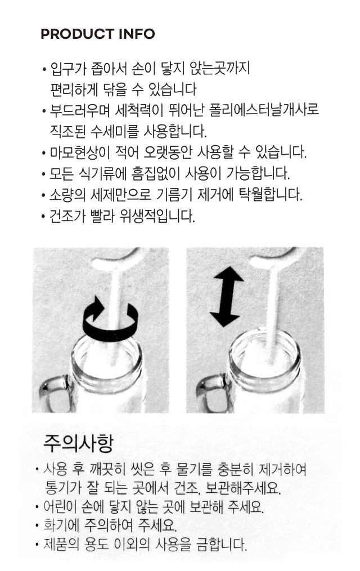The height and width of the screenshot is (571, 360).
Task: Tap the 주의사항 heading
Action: click(78, 443)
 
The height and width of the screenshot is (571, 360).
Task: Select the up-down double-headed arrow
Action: click(227, 296)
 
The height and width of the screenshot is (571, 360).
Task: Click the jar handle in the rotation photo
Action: click(55, 395)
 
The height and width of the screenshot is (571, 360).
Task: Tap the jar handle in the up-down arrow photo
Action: click(211, 394)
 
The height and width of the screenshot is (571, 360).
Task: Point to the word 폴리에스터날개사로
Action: click(264, 110)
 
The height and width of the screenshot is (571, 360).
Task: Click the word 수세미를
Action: click(114, 131)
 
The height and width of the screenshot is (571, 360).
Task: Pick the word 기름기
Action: click(174, 195)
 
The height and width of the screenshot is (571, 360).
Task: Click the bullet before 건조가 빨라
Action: click(43, 217)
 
